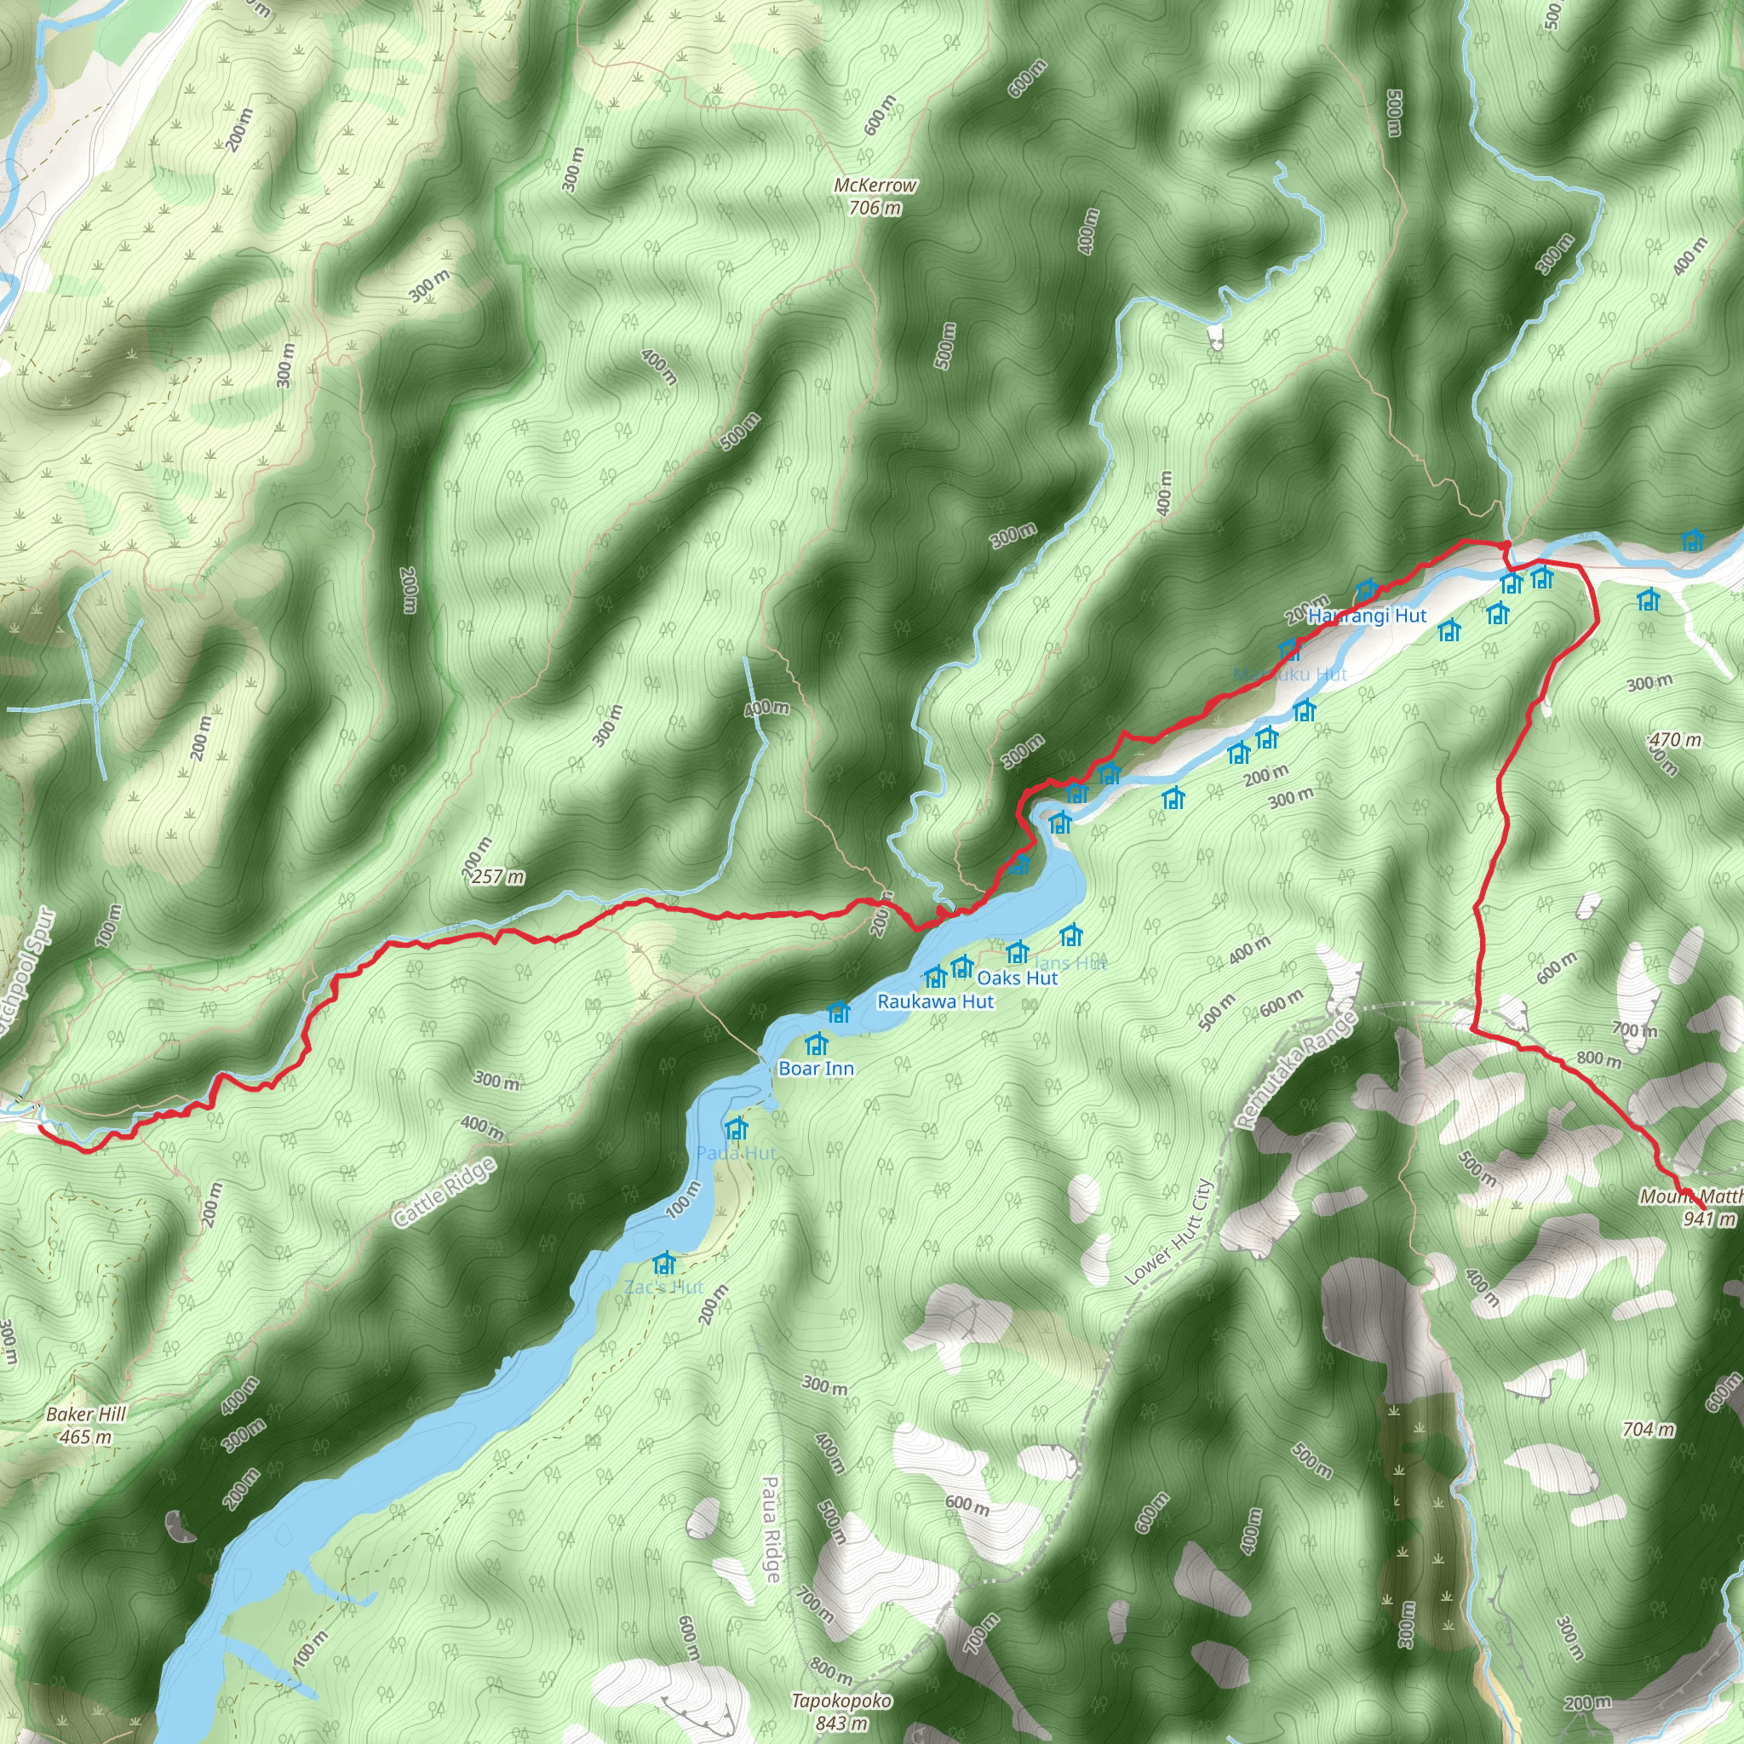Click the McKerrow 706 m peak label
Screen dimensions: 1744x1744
pos(875,196)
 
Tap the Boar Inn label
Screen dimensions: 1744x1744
pos(816,1069)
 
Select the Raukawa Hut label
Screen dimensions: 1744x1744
pos(935,1002)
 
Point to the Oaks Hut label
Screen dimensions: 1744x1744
pos(1018,978)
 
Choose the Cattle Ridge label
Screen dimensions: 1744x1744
pos(445,1191)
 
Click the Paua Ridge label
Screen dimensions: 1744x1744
pos(771,1529)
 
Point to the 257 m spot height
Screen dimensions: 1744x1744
pos(498,876)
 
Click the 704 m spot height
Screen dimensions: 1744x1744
pos(1648,1429)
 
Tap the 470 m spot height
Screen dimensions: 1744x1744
pos(1674,740)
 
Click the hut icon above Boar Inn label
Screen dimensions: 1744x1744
pos(817,1044)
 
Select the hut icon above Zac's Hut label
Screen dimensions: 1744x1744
pos(664,1263)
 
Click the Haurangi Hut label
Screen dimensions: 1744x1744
pos(1367,616)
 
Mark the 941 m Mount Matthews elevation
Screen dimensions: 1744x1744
pos(1709,1219)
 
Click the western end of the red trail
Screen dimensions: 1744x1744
pos(41,1126)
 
